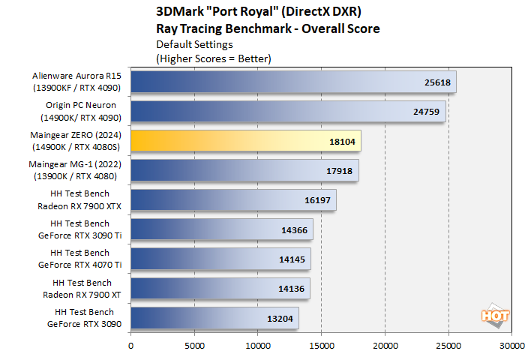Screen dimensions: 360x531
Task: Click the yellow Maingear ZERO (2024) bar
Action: pos(245,141)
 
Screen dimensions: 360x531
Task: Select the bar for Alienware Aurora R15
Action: pos(293,82)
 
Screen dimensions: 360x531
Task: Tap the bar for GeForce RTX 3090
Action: pos(214,317)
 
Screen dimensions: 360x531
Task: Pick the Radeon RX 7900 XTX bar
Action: pos(233,199)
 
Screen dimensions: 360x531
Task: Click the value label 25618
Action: pos(433,82)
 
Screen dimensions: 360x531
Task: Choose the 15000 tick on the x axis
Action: pos(321,346)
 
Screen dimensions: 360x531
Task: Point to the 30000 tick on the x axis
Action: pos(511,346)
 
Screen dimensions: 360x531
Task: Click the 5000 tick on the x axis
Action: pos(194,346)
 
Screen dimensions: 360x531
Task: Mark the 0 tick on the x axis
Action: pos(131,346)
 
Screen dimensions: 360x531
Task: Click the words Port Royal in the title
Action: pos(241,12)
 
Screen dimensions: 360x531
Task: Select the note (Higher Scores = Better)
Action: pos(213,58)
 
